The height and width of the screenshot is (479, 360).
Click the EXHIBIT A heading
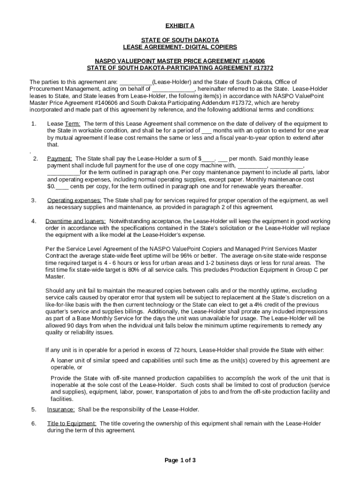(180, 25)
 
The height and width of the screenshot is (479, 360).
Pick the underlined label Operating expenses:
(74, 201)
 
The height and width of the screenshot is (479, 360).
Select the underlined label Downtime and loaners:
(75, 221)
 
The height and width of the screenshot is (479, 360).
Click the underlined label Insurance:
(61, 409)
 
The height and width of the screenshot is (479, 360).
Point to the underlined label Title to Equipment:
(72, 423)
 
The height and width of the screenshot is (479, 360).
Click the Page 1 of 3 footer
(180, 460)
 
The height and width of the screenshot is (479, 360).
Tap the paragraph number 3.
(34, 201)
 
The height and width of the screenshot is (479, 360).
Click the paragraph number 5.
(34, 409)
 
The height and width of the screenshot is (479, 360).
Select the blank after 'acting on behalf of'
(173, 89)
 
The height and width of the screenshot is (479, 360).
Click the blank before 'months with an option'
(206, 131)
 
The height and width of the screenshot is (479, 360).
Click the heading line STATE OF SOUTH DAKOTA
(180, 40)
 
